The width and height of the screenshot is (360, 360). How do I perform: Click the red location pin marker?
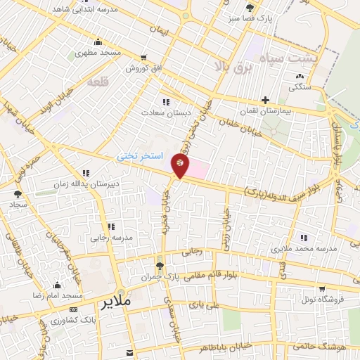pyautogui.click(x=180, y=167)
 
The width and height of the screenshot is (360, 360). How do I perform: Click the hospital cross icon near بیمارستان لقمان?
pyautogui.click(x=265, y=101)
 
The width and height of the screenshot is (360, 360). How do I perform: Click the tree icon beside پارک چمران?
pyautogui.click(x=160, y=266)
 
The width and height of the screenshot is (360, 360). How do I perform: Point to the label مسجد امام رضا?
pyautogui.click(x=57, y=297)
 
